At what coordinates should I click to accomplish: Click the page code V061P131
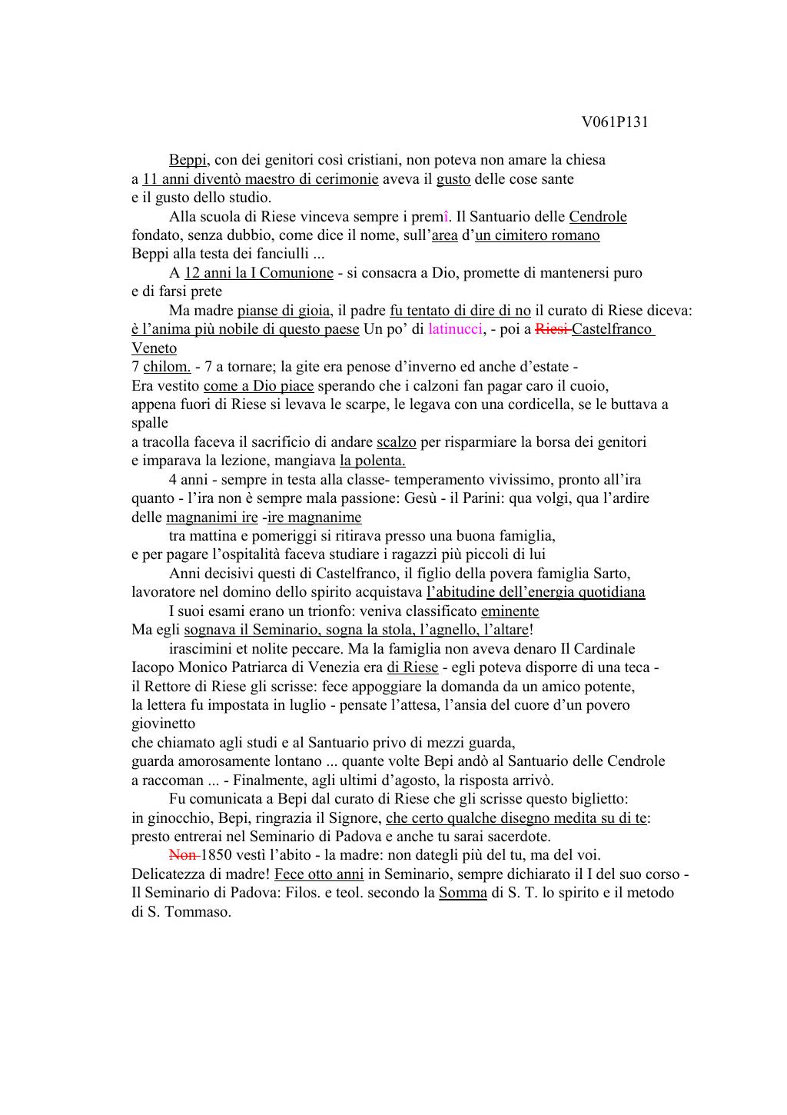(x=615, y=122)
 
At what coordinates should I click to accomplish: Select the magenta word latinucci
(x=455, y=329)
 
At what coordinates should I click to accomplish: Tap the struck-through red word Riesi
(x=551, y=329)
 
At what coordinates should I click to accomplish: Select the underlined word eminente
(x=510, y=611)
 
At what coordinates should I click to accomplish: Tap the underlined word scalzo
(x=396, y=442)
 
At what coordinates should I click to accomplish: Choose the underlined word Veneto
(x=154, y=348)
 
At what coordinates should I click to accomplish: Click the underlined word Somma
(x=463, y=893)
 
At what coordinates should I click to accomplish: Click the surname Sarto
(x=612, y=574)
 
